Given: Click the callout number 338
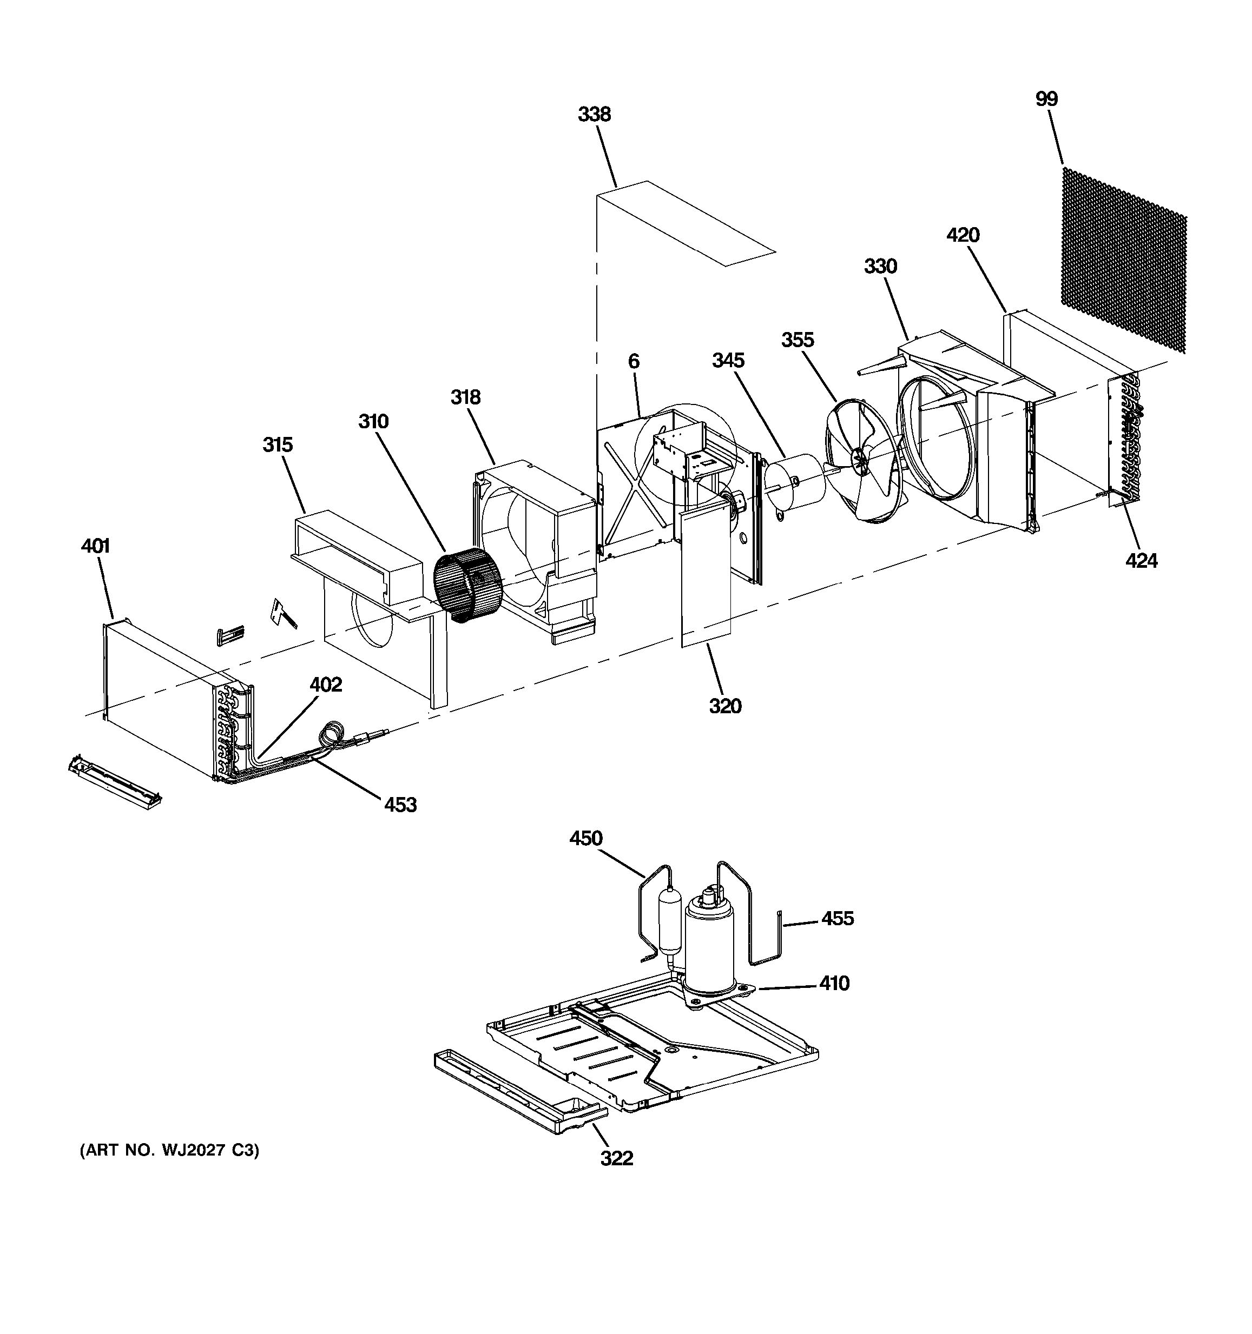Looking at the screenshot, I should [594, 115].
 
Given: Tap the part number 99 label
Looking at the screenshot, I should [1046, 99].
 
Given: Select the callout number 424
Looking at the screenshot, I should [1141, 560].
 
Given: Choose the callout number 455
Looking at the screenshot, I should [837, 918].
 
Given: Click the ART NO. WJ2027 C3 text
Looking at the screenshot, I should [169, 1150].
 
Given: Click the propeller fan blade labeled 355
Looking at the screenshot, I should [862, 463].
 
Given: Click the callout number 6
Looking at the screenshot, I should [634, 362].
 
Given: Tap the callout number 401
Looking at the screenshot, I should [95, 546].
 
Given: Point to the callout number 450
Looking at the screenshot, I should [585, 838].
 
